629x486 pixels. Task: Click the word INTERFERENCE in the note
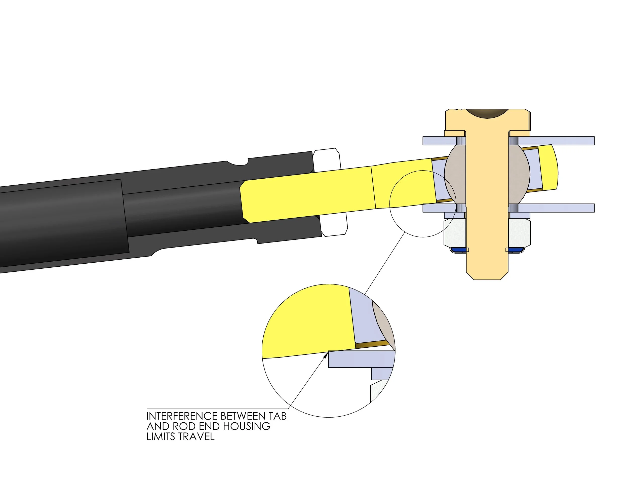click(x=182, y=416)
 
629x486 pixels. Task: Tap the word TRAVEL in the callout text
click(x=196, y=437)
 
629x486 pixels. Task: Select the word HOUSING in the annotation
click(x=247, y=426)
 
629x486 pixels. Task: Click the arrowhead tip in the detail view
click(x=328, y=353)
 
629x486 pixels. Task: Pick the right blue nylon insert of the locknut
click(x=516, y=250)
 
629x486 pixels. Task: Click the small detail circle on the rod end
click(x=423, y=204)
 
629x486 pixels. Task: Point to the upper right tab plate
click(x=556, y=141)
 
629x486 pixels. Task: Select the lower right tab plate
click(x=556, y=208)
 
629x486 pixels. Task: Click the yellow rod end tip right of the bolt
click(x=549, y=169)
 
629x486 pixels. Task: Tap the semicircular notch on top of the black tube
click(x=238, y=163)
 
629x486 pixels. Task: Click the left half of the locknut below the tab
click(x=455, y=232)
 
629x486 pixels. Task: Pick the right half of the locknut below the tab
click(x=520, y=232)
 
